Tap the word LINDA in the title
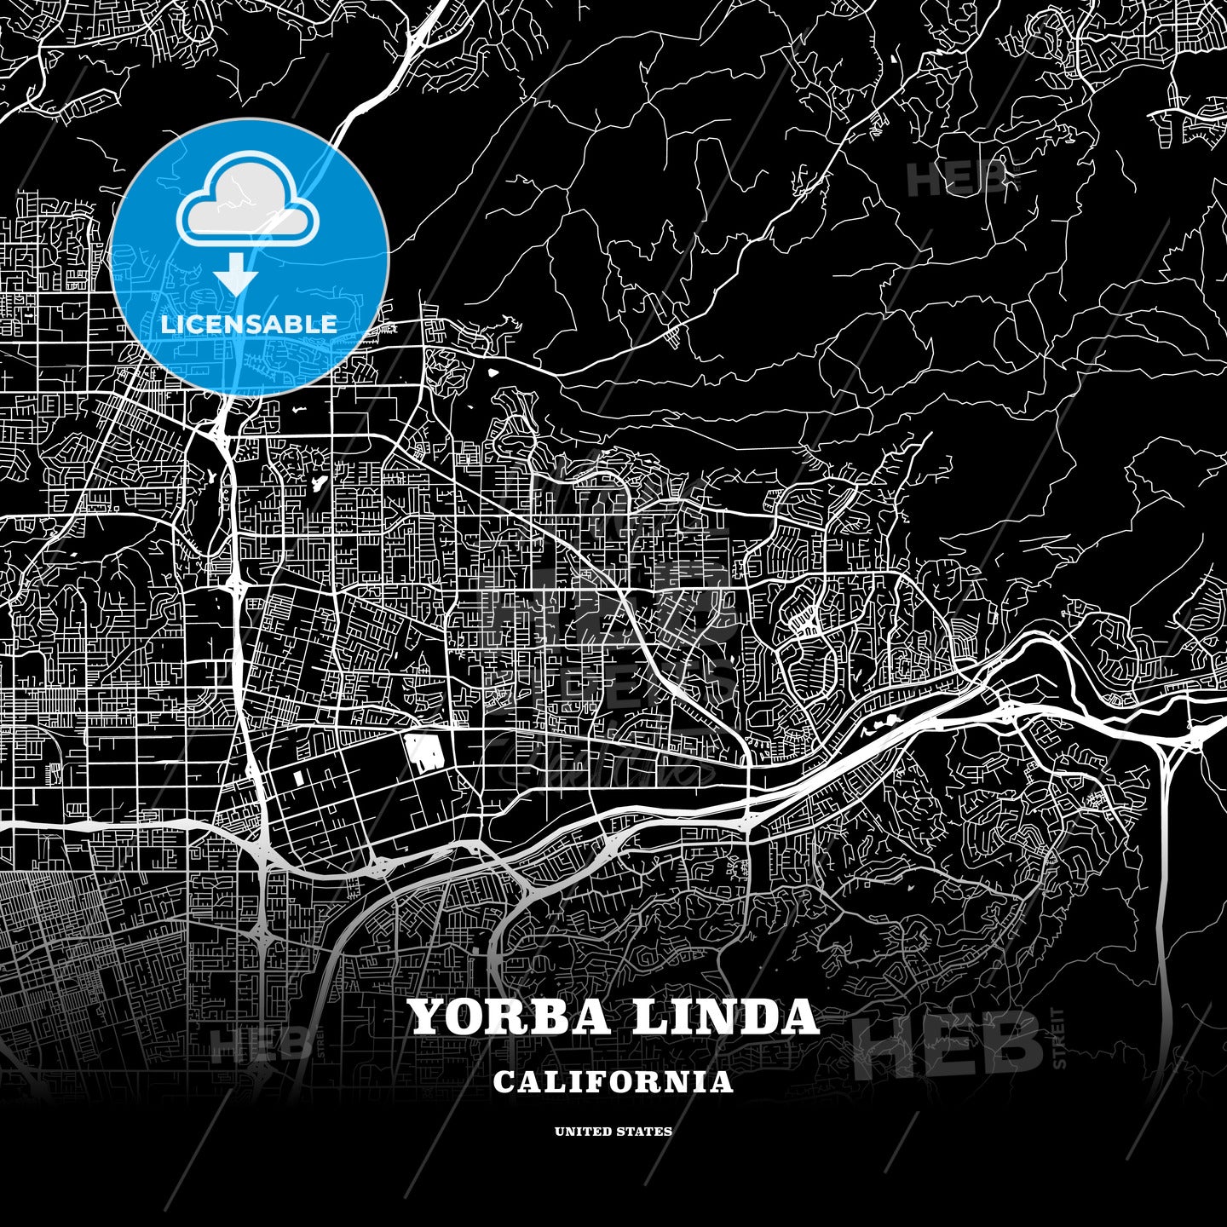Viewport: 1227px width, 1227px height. (724, 1017)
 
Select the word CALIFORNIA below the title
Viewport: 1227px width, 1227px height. (613, 1081)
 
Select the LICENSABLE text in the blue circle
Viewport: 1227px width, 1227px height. (249, 324)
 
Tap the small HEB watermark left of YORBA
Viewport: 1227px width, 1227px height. (261, 1044)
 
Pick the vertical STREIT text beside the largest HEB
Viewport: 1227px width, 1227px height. (1059, 1038)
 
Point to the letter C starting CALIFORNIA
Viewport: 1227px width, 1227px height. (504, 1081)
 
